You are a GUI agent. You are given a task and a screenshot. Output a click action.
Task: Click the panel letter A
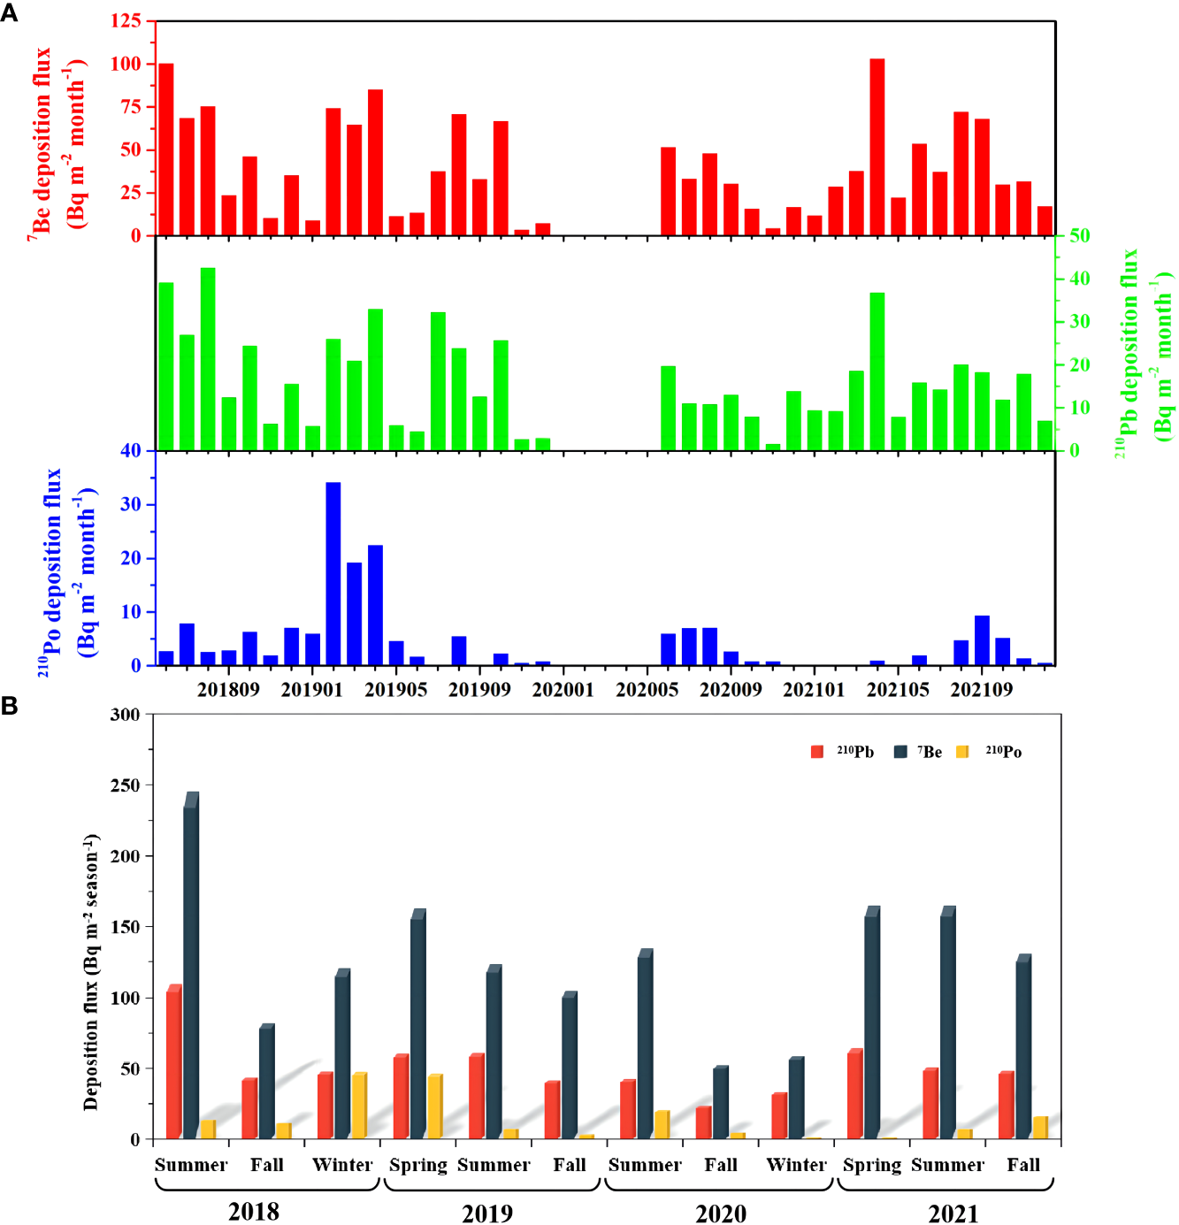[x=10, y=13]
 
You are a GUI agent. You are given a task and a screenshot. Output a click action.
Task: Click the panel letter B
[x=10, y=706]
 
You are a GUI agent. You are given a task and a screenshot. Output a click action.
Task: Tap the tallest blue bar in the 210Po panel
[x=333, y=573]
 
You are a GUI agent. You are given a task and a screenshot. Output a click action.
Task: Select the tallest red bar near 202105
[x=877, y=147]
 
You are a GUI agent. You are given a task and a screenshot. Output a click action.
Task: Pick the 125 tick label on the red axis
[x=126, y=20]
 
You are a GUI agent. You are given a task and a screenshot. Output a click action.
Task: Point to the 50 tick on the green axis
[x=1079, y=236]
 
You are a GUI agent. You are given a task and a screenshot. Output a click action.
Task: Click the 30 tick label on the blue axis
[x=131, y=504]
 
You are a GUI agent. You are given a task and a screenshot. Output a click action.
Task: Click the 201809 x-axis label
[x=228, y=690]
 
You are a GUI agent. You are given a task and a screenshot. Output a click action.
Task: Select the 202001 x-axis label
[x=563, y=690]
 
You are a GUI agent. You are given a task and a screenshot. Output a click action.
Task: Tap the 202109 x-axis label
[x=981, y=690]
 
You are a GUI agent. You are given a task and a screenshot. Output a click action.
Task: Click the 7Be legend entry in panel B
[x=919, y=752]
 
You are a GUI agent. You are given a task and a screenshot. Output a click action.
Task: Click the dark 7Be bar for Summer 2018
[x=191, y=969]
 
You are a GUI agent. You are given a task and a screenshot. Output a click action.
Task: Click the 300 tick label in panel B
[x=125, y=715]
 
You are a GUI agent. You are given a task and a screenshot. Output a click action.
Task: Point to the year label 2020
[x=720, y=1213]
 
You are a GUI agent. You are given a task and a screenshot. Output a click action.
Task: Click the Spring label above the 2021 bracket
[x=871, y=1165]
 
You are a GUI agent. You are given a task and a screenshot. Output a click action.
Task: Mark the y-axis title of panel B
[x=91, y=971]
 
